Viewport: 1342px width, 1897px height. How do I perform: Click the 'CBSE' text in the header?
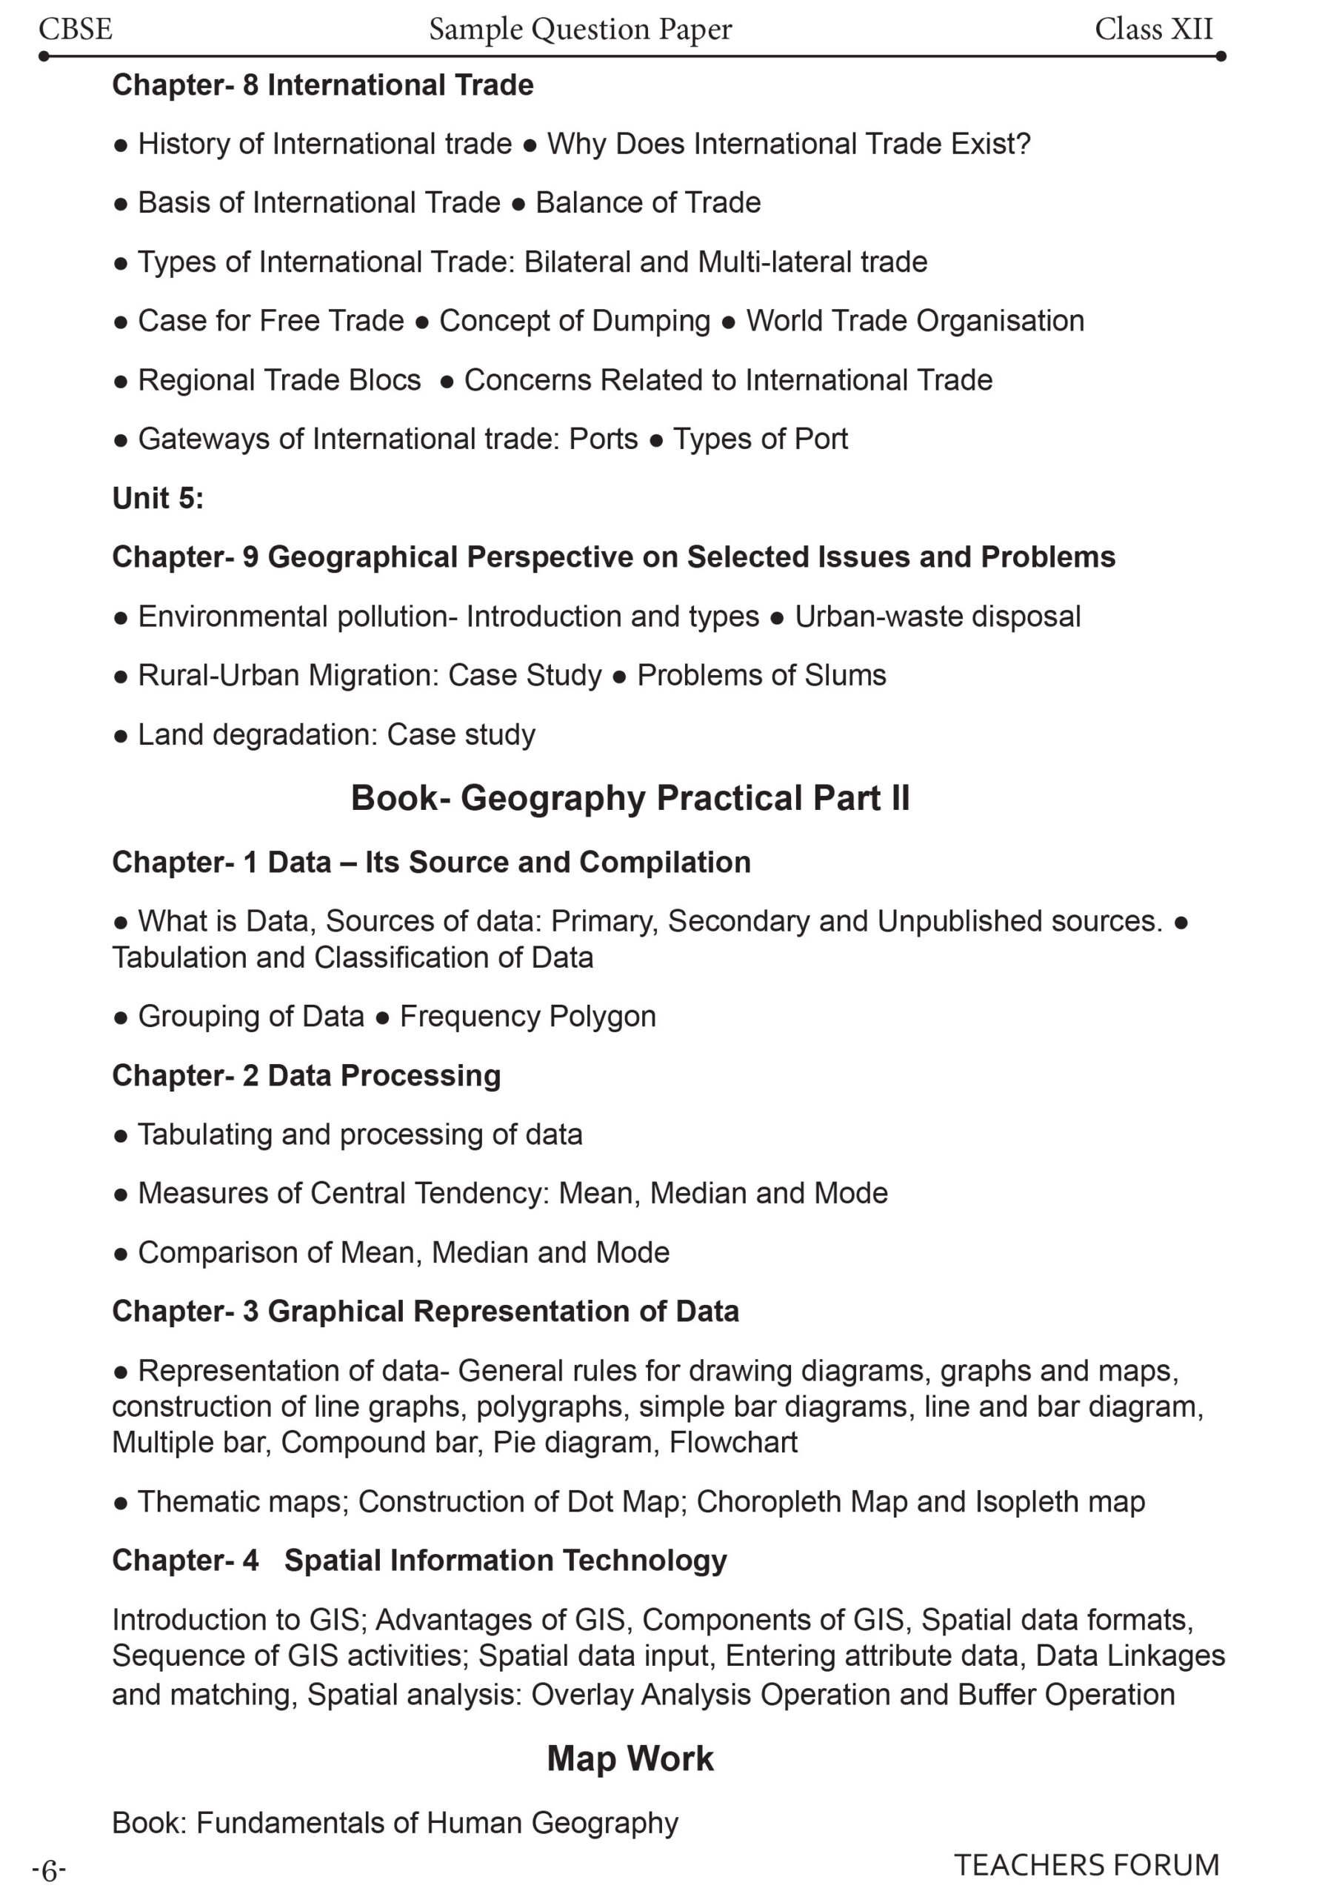click(76, 29)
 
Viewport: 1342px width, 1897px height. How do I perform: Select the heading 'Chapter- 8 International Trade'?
click(322, 85)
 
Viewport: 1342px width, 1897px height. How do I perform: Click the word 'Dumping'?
click(657, 321)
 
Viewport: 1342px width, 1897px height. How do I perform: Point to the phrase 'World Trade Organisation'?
click(915, 321)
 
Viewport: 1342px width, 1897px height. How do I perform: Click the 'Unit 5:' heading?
click(158, 498)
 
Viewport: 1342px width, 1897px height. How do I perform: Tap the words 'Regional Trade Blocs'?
click(279, 380)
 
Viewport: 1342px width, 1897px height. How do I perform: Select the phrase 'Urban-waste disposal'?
click(937, 617)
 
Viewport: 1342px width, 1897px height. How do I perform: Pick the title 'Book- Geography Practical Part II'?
click(630, 797)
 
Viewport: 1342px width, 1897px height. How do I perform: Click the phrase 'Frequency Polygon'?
click(527, 1017)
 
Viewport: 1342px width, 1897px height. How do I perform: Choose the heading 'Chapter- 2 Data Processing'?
click(306, 1075)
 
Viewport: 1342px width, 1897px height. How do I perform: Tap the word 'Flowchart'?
click(733, 1442)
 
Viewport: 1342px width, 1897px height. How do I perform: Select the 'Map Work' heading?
click(630, 1759)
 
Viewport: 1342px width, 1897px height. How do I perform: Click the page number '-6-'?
click(49, 1870)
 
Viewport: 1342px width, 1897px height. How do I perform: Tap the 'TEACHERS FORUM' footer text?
click(1086, 1866)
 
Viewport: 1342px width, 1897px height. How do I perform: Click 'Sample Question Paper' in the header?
click(580, 29)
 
